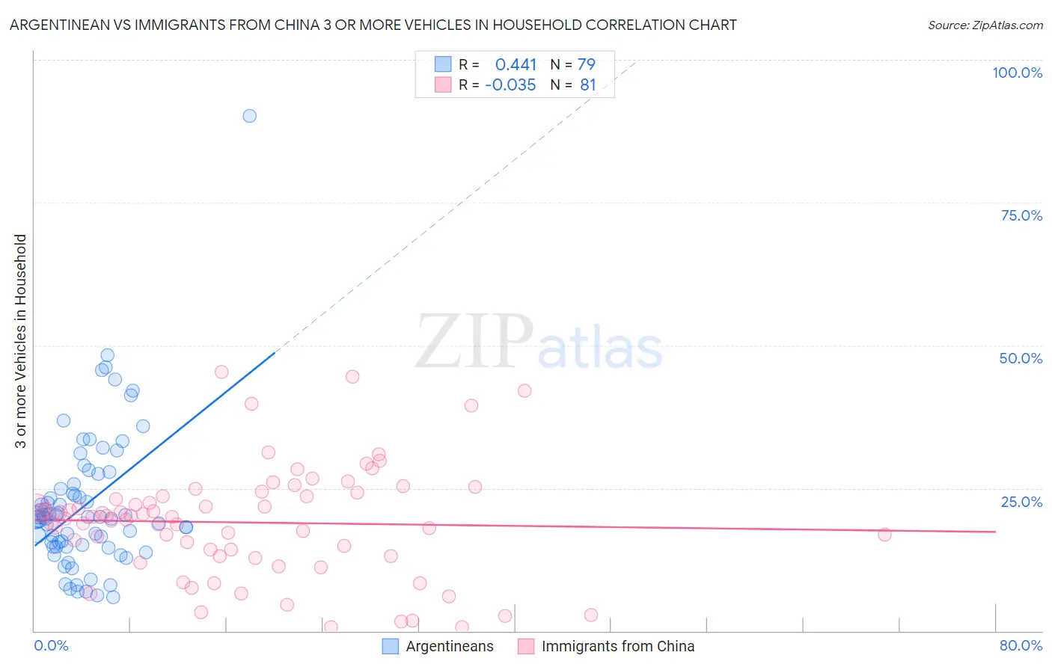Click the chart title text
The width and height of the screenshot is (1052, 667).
tap(373, 25)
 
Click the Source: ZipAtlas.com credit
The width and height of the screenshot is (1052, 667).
tap(985, 25)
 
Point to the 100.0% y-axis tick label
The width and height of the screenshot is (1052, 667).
tap(1017, 73)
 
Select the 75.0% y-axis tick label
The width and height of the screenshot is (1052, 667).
tap(1021, 215)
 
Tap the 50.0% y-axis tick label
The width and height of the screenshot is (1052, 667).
tap(1021, 358)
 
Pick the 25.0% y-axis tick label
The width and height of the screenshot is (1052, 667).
tap(1021, 502)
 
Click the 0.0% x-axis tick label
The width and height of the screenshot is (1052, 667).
tap(51, 645)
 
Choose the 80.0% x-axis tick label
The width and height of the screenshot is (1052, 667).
tap(1021, 645)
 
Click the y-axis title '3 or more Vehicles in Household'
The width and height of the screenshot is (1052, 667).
tap(21, 341)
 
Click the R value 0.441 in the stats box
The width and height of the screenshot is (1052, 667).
tap(516, 64)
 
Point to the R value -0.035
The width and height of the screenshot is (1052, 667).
tap(510, 85)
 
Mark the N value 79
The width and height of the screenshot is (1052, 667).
tap(587, 64)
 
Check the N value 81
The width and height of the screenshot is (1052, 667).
tap(588, 85)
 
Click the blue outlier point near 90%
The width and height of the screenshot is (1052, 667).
tap(249, 116)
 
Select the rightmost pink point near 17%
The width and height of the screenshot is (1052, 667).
tap(884, 535)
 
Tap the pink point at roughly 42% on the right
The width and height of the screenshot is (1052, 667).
tap(525, 391)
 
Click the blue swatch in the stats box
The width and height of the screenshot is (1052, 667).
tap(443, 64)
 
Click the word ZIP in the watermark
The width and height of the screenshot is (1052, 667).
tap(474, 342)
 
